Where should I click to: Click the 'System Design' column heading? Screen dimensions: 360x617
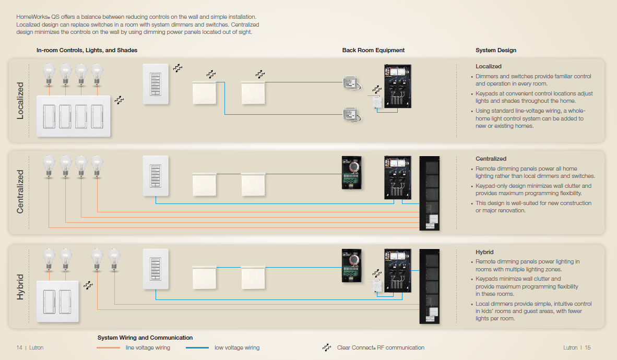[495, 51]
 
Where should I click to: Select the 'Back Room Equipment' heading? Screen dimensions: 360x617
[373, 51]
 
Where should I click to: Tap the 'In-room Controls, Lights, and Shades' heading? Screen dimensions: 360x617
[87, 51]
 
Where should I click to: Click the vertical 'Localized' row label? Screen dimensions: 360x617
[20, 101]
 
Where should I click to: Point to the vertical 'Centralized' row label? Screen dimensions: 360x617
[20, 191]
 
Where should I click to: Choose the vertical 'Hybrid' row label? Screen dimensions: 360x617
[20, 286]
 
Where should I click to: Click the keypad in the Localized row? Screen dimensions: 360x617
[156, 83]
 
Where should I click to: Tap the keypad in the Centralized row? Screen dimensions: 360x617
[156, 176]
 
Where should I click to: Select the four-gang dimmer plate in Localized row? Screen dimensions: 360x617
[74, 116]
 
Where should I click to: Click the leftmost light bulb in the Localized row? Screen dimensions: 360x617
[50, 73]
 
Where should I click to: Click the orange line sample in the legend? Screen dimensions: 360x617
[109, 348]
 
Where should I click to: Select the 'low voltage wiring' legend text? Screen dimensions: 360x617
[236, 348]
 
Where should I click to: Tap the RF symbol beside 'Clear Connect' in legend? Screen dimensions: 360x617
[327, 347]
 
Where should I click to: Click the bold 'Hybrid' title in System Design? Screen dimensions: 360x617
[484, 252]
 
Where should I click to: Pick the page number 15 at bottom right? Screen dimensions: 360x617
[587, 348]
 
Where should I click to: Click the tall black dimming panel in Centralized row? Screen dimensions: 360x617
[430, 194]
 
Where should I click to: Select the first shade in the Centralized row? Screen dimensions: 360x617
[204, 184]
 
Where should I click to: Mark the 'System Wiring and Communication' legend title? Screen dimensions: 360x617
[145, 338]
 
